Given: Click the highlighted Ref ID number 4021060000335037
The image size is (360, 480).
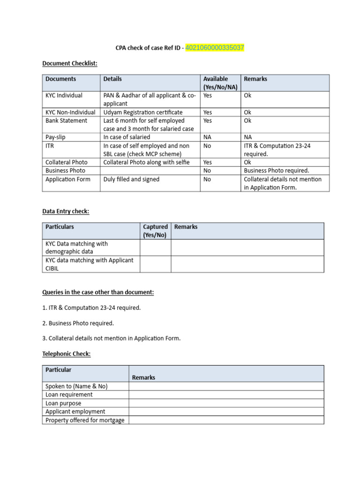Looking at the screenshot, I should pyautogui.click(x=215, y=48).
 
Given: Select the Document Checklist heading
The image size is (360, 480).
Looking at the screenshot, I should pyautogui.click(x=70, y=63).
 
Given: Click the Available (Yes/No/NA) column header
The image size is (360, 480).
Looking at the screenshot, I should pyautogui.click(x=220, y=83).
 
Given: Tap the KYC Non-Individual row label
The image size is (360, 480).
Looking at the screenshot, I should pyautogui.click(x=70, y=112).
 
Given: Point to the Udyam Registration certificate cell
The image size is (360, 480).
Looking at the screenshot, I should pyautogui.click(x=143, y=112).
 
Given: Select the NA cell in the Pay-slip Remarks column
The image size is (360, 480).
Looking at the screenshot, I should pyautogui.click(x=248, y=137).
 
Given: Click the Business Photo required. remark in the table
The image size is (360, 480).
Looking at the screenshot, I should pyautogui.click(x=277, y=171).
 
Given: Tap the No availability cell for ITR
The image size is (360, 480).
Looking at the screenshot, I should pyautogui.click(x=207, y=146).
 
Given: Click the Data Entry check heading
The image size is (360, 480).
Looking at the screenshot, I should pyautogui.click(x=66, y=211).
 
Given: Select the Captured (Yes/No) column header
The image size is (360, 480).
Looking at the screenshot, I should pyautogui.click(x=155, y=231).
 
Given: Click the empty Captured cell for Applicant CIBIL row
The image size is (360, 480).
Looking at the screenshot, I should pyautogui.click(x=155, y=264).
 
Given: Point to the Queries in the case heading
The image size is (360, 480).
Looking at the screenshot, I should pyautogui.click(x=98, y=292).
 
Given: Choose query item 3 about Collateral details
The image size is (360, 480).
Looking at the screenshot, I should pyautogui.click(x=112, y=338).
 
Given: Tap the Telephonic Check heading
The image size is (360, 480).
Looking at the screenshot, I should pyautogui.click(x=67, y=354).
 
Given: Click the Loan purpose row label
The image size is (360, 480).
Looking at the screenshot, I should pyautogui.click(x=63, y=403).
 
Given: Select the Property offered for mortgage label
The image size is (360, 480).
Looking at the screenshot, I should pyautogui.click(x=85, y=420).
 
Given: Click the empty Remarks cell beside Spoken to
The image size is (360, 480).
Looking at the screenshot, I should pyautogui.click(x=226, y=386).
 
